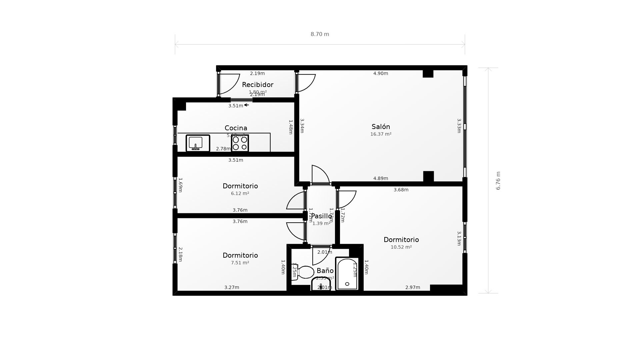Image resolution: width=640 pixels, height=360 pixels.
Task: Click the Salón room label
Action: point(381,127)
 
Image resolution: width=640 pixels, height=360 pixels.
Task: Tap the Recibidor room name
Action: point(257,85)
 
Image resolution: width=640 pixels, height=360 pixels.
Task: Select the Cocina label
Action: point(236,128)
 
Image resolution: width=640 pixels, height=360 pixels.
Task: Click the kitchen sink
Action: point(198,143)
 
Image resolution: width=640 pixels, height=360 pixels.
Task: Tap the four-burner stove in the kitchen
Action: point(240,143)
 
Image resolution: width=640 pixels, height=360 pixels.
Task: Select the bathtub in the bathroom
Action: point(347,274)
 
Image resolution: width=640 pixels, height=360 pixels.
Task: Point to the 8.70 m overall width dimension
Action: point(320,34)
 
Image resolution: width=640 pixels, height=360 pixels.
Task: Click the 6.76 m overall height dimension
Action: point(498,181)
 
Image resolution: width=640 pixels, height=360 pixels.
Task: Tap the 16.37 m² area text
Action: point(381,134)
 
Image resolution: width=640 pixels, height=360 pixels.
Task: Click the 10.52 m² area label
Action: point(401,247)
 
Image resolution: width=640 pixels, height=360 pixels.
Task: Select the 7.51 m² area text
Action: point(240,263)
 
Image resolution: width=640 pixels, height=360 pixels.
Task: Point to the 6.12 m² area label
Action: point(240,194)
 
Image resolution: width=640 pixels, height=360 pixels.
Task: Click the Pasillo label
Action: point(321,216)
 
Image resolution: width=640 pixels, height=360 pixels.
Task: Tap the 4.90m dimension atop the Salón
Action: point(380,73)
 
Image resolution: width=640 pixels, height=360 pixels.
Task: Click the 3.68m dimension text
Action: point(401,190)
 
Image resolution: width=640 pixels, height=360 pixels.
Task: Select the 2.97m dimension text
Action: point(412,288)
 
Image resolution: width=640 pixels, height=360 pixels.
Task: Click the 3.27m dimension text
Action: point(232,288)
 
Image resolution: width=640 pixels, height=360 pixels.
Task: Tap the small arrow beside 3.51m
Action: point(246,105)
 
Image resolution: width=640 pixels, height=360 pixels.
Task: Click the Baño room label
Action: point(325,271)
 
